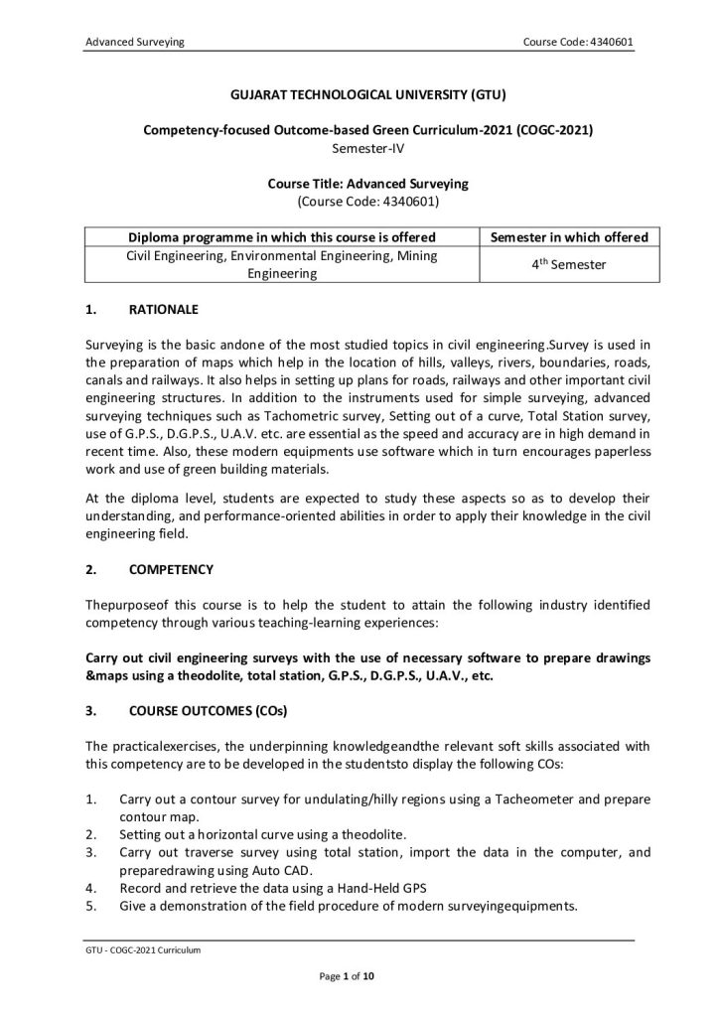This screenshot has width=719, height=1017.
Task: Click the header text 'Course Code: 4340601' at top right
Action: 578,41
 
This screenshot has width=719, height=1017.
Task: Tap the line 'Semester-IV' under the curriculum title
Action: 359,148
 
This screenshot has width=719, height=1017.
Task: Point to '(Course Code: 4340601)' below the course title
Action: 359,201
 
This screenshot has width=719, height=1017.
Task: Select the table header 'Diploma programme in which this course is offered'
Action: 283,237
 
